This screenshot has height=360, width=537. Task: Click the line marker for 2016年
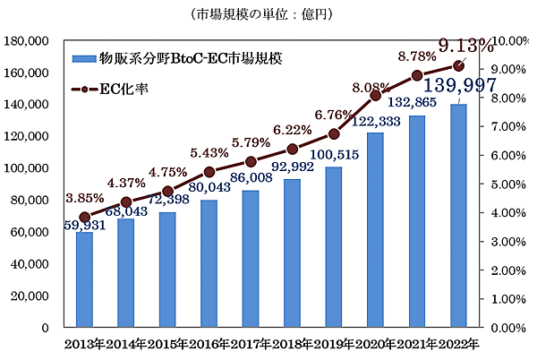tap(209, 171)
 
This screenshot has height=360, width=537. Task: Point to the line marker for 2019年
tap(334, 133)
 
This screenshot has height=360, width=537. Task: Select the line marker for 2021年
tap(417, 75)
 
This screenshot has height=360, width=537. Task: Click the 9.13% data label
tap(459, 45)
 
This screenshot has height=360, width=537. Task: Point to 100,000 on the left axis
tap(39, 167)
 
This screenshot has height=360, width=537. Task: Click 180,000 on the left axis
tap(39, 40)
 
